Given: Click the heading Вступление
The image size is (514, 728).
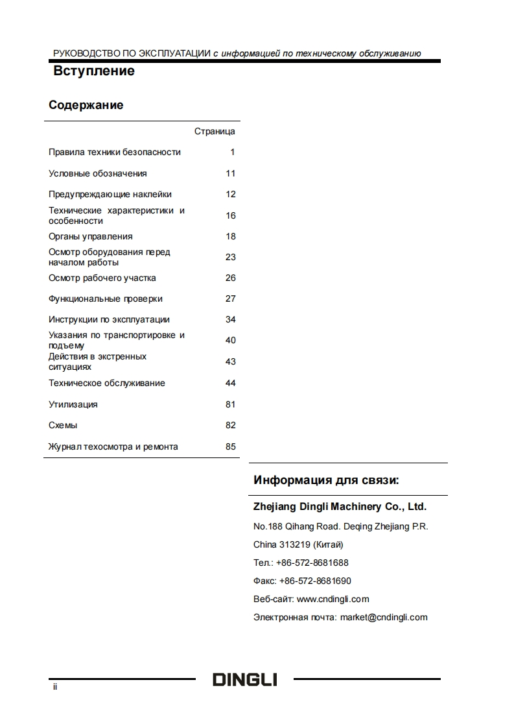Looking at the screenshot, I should point(94,71).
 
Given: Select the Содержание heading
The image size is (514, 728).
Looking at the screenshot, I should point(86,105).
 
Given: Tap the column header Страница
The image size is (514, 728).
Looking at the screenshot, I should point(215,132).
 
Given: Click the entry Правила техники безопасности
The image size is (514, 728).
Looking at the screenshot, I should point(115,152).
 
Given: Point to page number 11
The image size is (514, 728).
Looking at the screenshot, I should point(231,173).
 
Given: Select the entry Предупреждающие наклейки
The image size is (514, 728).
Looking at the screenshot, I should point(110,194).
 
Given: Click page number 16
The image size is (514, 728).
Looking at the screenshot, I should point(231,215).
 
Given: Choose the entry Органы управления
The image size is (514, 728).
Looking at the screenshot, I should point(91,236).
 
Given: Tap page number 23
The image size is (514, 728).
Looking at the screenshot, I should point(231,257).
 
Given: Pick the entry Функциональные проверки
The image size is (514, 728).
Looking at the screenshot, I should point(106,299).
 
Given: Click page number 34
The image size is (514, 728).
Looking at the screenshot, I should point(231,319).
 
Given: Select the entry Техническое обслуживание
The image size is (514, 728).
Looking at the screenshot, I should point(107,383).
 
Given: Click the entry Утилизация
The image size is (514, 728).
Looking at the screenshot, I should point(73,404).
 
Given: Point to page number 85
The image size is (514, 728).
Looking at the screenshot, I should point(231,446).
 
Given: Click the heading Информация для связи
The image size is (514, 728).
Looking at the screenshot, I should point(326,481).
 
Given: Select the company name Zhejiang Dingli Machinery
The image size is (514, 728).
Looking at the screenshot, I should point(340,507).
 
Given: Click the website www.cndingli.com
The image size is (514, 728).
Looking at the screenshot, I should point(333,599).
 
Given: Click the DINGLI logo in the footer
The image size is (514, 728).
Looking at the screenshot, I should point(245,680).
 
